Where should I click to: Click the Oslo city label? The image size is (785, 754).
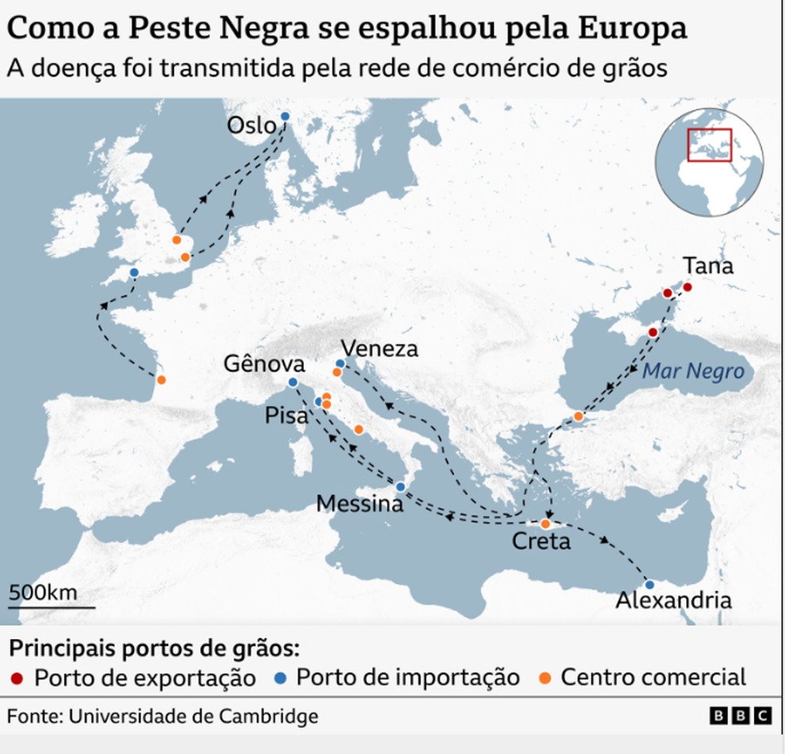pyautogui.click(x=251, y=125)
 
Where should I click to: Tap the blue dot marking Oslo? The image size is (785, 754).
pyautogui.click(x=284, y=116)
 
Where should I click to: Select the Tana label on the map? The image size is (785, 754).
pyautogui.click(x=708, y=266)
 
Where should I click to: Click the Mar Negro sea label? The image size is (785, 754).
pyautogui.click(x=692, y=371)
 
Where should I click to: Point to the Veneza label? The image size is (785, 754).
pyautogui.click(x=379, y=349)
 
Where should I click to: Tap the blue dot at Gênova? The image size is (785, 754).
pyautogui.click(x=292, y=383)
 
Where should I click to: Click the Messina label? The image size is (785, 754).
pyautogui.click(x=359, y=504)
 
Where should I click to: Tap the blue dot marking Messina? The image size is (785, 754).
pyautogui.click(x=401, y=486)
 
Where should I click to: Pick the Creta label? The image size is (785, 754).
pyautogui.click(x=542, y=542)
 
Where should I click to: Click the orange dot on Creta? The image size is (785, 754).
pyautogui.click(x=546, y=525)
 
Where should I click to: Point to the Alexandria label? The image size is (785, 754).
pyautogui.click(x=673, y=601)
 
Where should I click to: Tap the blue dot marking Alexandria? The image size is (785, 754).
pyautogui.click(x=649, y=584)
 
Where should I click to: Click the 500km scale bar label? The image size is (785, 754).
pyautogui.click(x=43, y=593)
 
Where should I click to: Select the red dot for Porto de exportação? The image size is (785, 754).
pyautogui.click(x=18, y=679)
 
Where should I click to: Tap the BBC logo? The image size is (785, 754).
pyautogui.click(x=741, y=716)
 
